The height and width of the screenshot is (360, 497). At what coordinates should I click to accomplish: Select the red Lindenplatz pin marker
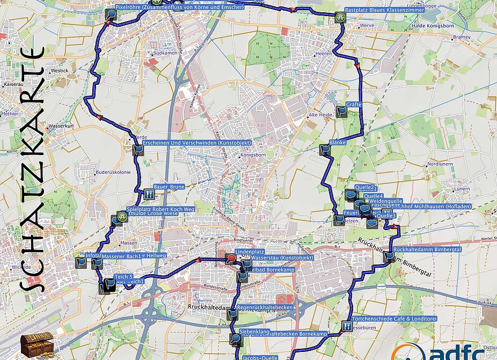231,259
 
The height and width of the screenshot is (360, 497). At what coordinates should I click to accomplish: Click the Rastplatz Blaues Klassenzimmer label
384,10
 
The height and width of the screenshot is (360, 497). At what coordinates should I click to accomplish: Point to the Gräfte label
354,105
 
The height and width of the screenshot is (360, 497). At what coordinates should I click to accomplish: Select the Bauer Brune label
169,187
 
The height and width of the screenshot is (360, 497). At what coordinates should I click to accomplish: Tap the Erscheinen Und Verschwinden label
184,143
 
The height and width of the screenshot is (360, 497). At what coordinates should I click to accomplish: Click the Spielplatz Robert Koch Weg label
159,209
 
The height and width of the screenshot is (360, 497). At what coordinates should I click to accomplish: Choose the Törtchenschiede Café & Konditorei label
394,319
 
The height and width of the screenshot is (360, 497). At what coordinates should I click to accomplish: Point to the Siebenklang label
254,332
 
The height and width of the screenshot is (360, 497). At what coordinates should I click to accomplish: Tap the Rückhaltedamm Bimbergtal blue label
427,249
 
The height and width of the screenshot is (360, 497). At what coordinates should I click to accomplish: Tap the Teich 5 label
123,276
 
